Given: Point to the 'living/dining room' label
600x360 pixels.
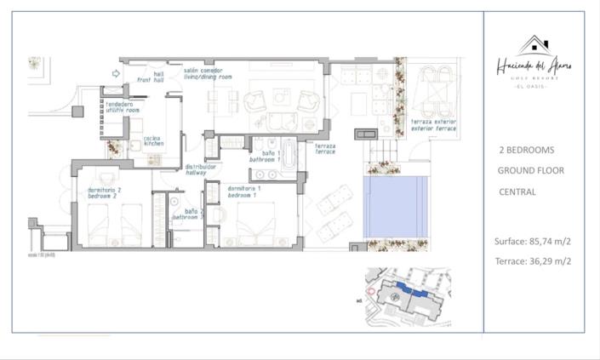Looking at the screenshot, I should [208, 76].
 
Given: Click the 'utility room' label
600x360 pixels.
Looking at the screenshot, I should [121, 108].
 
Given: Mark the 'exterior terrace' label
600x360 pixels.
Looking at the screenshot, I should [433, 125].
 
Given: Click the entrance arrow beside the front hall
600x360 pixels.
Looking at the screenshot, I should [117, 74].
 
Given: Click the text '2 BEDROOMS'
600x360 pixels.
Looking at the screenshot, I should [526, 150].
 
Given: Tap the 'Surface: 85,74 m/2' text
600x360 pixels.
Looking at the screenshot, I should [533, 241].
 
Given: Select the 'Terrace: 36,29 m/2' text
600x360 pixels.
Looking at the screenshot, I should [533, 261].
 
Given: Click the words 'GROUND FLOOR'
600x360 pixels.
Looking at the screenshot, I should [531, 171].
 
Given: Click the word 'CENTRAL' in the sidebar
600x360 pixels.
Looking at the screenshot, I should [517, 192].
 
